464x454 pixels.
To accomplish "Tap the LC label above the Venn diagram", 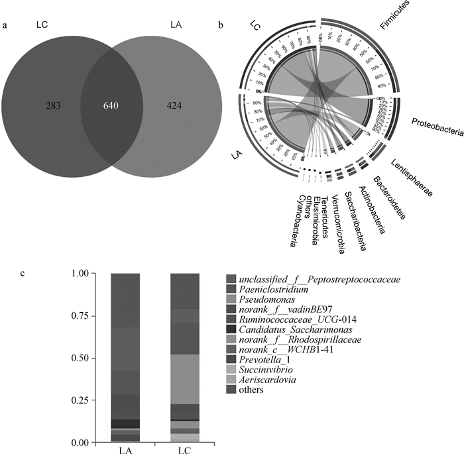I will (x=44, y=25).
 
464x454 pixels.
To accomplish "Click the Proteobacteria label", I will (x=437, y=127).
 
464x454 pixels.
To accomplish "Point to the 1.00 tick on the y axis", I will (x=78, y=273).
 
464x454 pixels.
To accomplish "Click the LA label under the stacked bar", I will (x=125, y=449).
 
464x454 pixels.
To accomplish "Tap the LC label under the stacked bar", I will (x=185, y=449).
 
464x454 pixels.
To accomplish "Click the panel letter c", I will (x=25, y=273).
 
